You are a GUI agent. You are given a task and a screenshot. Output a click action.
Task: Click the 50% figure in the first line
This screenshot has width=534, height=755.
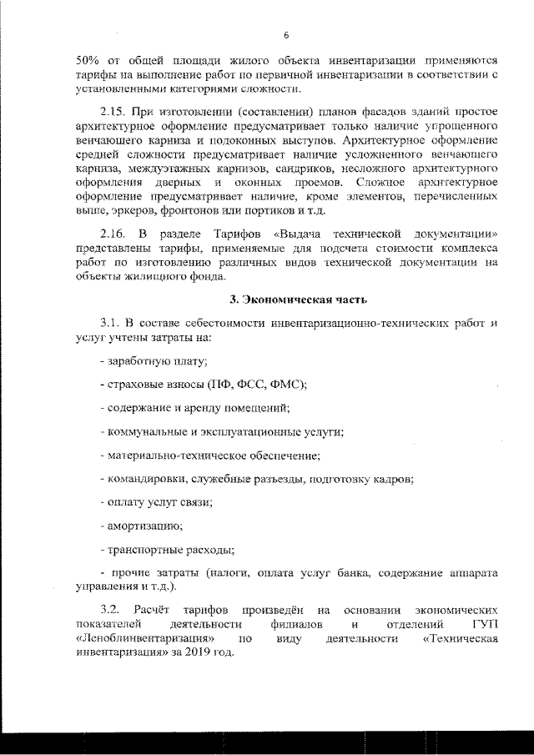[88, 61]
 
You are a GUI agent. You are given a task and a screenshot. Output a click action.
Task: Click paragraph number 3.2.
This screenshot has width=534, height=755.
[111, 610]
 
